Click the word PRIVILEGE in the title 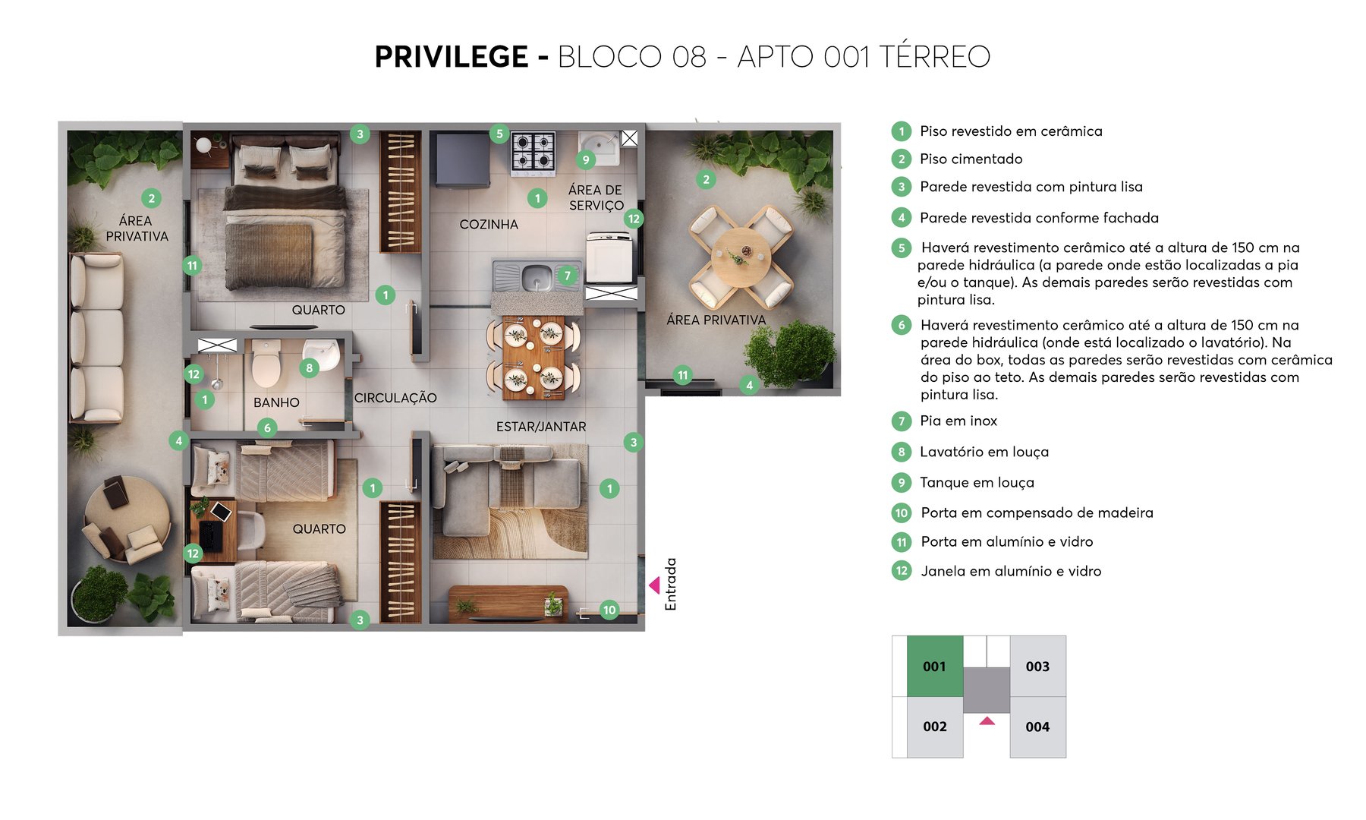[x=451, y=57]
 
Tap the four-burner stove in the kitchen [x=533, y=150]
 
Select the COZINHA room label [x=489, y=225]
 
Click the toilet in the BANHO [x=266, y=364]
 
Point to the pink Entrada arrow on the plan [x=653, y=585]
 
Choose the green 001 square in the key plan [x=934, y=667]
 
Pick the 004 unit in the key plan [x=1037, y=727]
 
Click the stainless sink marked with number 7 [x=536, y=276]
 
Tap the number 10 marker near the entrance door [x=609, y=610]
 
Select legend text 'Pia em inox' [x=958, y=421]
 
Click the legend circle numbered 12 [x=902, y=571]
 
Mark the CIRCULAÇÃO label [x=395, y=398]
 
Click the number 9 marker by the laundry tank [x=585, y=160]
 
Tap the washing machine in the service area [x=609, y=258]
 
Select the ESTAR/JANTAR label [x=541, y=427]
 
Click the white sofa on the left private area [x=96, y=338]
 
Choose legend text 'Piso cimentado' [x=971, y=159]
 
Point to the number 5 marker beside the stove [x=499, y=134]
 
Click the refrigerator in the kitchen [x=461, y=159]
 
